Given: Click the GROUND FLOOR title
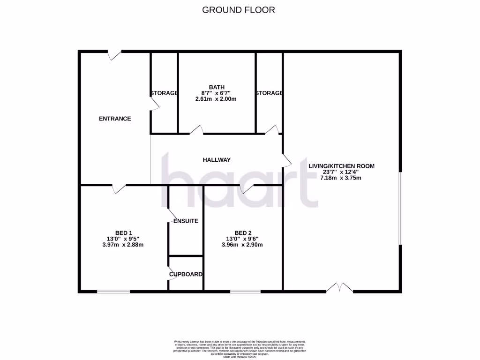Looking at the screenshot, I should pos(239,10).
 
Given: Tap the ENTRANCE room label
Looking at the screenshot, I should pos(115,119).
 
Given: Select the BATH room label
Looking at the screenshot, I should pos(217,87).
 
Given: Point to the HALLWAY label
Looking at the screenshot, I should pos(217,160).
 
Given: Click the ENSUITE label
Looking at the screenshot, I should pos(186,221).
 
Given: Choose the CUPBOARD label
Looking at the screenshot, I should pos(186,274).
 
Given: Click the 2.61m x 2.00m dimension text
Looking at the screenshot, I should pos(216,99).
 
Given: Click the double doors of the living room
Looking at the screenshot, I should pos(339,288).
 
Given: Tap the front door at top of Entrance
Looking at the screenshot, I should pos(115,54).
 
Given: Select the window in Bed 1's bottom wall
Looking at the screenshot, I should pos(113,292).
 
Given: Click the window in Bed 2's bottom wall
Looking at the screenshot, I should pos(245,292).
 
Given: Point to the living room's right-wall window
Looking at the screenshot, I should pos(400,208).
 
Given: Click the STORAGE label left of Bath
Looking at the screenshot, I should pos(164,93).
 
